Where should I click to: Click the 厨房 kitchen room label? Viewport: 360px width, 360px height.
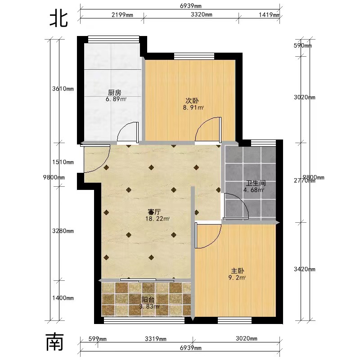pyautogui.click(x=115, y=93)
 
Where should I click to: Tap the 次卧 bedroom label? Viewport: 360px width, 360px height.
pyautogui.click(x=192, y=101)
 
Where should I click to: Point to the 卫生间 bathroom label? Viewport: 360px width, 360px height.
pyautogui.click(x=256, y=183)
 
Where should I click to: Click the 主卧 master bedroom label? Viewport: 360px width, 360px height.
pyautogui.click(x=238, y=271)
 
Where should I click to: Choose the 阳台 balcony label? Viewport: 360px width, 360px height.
pyautogui.click(x=148, y=300)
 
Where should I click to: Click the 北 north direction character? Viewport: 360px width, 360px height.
pyautogui.click(x=59, y=19)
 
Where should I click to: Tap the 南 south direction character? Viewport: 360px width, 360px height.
pyautogui.click(x=54, y=342)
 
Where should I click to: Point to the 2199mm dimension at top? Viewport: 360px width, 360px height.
pyautogui.click(x=122, y=15)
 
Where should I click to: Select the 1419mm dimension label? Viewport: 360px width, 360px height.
pyautogui.click(x=269, y=15)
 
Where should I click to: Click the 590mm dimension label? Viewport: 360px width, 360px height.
pyautogui.click(x=302, y=45)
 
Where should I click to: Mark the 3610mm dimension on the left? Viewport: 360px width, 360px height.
pyautogui.click(x=63, y=89)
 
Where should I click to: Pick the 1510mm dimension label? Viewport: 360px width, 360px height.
pyautogui.click(x=63, y=162)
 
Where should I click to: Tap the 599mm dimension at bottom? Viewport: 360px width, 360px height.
pyautogui.click(x=97, y=339)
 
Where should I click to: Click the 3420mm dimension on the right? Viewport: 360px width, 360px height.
pyautogui.click(x=305, y=269)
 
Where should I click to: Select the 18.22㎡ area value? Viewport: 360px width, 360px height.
pyautogui.click(x=157, y=219)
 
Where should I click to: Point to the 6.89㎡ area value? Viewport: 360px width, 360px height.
pyautogui.click(x=116, y=99)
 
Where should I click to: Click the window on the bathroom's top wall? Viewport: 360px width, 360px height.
pyautogui.click(x=263, y=143)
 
